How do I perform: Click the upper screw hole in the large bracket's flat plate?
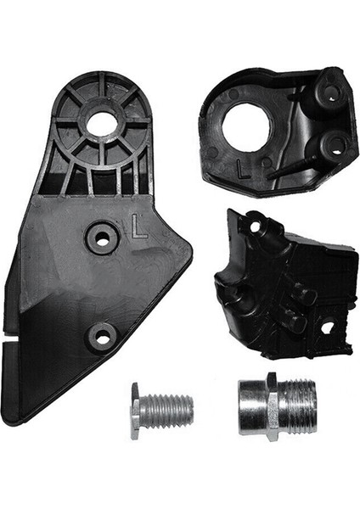click(103, 238)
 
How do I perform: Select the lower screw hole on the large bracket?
click(102, 338)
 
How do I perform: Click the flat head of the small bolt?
click(135, 411)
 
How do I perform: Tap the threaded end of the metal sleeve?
click(296, 406)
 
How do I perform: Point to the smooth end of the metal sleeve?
click(250, 406)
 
